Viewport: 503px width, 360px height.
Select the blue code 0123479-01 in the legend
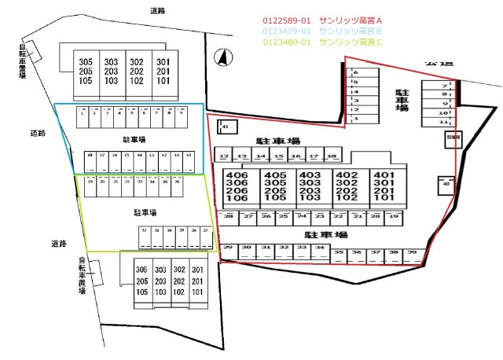coord(288,31)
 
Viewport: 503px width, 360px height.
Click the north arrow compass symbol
coord(223,57)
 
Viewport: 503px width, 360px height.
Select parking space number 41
coord(226,126)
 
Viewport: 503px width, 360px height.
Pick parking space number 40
coord(446,184)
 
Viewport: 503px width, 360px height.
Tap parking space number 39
coord(411,253)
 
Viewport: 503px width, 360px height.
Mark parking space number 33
coord(302,248)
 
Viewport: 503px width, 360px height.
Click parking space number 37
coord(375,253)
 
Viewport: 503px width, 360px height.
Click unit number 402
coord(346,175)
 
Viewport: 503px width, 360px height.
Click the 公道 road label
coord(434,61)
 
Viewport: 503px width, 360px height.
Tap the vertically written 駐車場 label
coord(402,100)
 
